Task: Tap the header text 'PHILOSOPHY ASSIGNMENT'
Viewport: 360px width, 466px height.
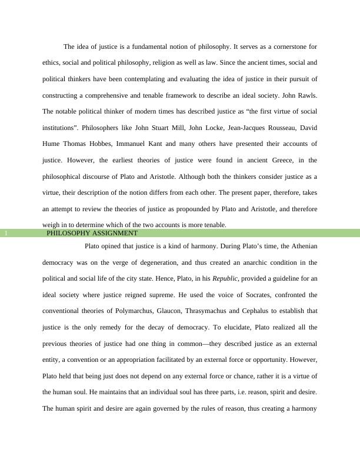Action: click(x=92, y=233)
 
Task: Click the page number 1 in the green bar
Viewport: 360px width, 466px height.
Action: click(x=6, y=233)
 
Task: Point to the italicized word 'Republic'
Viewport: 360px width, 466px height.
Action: click(x=226, y=279)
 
